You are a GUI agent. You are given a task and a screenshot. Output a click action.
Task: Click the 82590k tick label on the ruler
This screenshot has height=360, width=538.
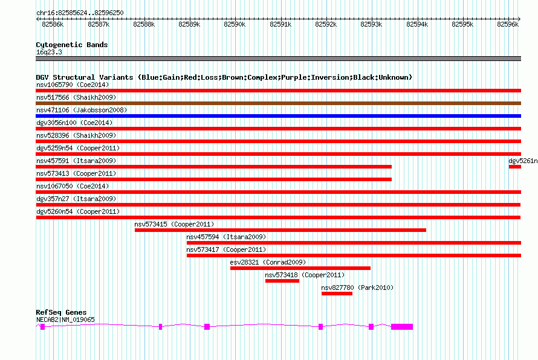click(235, 24)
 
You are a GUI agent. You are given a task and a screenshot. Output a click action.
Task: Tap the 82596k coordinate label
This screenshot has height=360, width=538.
click(508, 24)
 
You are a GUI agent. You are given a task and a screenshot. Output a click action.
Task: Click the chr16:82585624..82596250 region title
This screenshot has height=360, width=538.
click(80, 13)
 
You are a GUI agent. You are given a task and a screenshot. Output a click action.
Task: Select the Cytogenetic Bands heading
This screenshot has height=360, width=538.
click(72, 45)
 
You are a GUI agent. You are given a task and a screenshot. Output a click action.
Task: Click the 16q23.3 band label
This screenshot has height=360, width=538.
click(49, 52)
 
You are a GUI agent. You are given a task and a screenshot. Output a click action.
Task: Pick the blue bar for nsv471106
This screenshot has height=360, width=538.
click(278, 116)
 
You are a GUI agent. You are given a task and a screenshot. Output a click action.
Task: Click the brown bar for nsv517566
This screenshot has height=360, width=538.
click(278, 103)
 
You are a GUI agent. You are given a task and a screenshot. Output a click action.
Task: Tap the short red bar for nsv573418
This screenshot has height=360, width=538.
click(282, 281)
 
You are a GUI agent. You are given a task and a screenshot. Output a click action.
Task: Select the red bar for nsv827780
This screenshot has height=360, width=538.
click(337, 294)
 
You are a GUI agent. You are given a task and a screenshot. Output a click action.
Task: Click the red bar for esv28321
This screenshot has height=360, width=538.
click(300, 268)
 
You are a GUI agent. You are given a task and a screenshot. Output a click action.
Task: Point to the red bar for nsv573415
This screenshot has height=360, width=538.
click(280, 230)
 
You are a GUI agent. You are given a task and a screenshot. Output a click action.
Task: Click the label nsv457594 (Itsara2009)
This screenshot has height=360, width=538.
click(226, 237)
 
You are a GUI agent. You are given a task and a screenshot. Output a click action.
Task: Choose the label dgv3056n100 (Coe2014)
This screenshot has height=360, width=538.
click(74, 123)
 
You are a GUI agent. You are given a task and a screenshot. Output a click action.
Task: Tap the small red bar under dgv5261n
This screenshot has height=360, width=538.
click(514, 167)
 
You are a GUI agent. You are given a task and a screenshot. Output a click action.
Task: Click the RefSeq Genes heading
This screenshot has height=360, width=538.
click(61, 312)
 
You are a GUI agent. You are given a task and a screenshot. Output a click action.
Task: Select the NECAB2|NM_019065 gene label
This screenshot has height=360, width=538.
click(65, 320)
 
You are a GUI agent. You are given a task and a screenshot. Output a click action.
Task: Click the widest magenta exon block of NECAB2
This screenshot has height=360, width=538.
click(402, 327)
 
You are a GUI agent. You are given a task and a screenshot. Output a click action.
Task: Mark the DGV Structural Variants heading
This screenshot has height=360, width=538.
click(224, 77)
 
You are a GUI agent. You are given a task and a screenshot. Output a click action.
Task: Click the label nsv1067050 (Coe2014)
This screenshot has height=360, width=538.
click(73, 186)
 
